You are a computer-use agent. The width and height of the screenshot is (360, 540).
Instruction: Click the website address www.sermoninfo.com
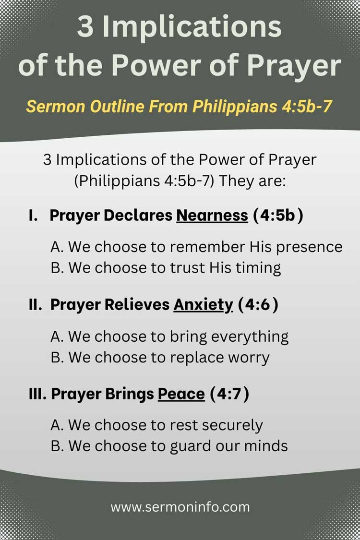coord(180,506)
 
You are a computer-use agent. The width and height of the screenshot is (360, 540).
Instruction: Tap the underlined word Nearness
coord(212,216)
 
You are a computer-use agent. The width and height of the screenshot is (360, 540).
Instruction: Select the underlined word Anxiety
coord(203,305)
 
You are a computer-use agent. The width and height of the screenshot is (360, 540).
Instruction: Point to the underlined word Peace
coord(181,394)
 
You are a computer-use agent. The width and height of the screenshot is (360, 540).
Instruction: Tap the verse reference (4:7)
coord(229,394)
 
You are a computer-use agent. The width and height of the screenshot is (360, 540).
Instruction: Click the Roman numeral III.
coord(37,394)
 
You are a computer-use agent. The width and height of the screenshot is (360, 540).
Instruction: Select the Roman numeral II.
coord(35,305)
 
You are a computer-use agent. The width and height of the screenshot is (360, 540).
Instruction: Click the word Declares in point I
coord(138,216)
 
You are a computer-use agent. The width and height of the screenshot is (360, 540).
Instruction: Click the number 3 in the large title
coord(85,27)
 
